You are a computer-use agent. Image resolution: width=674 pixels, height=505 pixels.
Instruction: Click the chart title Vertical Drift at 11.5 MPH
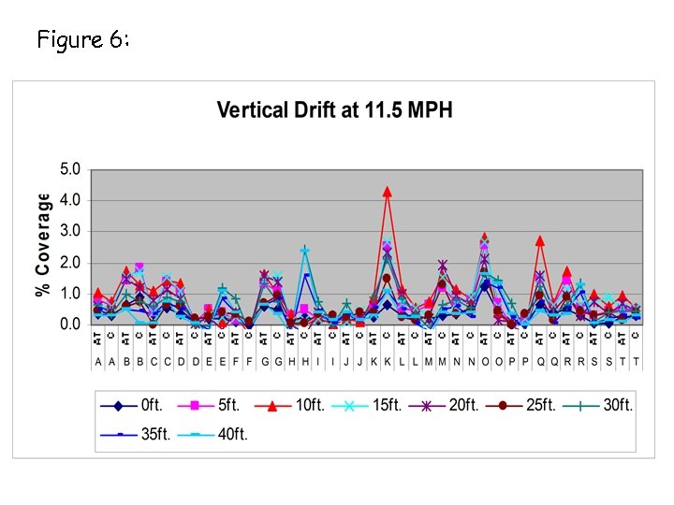[x=334, y=110]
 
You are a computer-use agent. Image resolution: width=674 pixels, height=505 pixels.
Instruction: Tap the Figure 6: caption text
[x=82, y=39]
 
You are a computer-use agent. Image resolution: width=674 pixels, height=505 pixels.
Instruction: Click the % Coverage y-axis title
[x=43, y=245]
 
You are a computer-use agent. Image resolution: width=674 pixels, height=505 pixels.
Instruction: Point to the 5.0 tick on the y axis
[x=71, y=169]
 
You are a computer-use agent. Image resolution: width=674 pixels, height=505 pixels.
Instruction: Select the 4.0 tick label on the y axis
[x=71, y=200]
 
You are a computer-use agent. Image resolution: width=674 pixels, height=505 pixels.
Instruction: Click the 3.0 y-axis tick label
[x=71, y=231]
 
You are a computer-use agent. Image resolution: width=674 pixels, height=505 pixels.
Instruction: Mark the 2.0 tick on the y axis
[x=71, y=263]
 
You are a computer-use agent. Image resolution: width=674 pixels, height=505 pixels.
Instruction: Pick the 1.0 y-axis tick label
[x=71, y=294]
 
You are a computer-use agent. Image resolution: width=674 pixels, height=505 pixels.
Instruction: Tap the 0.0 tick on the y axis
[x=71, y=325]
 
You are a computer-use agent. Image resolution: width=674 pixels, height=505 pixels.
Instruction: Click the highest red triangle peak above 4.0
[x=387, y=192]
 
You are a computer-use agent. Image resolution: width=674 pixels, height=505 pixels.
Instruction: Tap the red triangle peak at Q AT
[x=540, y=240]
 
